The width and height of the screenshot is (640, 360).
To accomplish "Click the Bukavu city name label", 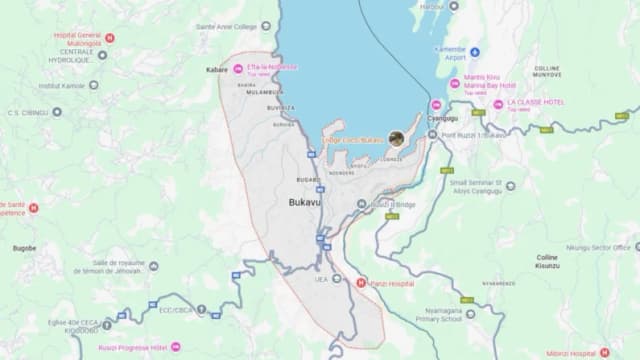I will (306, 202).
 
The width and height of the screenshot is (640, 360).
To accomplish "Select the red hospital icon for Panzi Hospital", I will (362, 282).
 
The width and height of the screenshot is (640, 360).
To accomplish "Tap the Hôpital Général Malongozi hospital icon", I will (110, 38).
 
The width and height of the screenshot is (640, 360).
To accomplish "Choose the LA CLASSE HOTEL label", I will (541, 103).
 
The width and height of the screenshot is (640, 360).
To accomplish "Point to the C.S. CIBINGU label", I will (27, 112).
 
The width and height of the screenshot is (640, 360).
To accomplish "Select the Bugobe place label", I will (24, 247).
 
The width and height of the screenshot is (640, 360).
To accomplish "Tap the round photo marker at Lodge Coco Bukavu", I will (398, 138).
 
